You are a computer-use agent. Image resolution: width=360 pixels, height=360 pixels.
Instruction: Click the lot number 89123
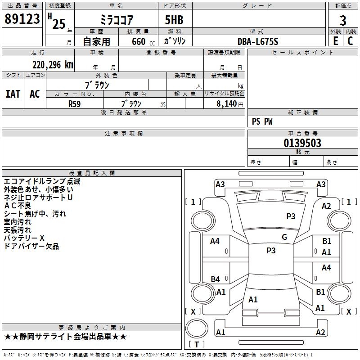coord(22,19)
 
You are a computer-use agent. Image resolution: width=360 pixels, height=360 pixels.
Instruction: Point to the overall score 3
coord(343,21)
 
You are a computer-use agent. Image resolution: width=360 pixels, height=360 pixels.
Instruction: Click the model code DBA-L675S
coord(258,41)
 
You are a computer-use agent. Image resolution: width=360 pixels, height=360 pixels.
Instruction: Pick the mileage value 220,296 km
coord(53,65)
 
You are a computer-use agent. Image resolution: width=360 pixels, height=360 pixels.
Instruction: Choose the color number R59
coord(75,103)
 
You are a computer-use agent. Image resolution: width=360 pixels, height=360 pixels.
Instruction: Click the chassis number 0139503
coord(302,144)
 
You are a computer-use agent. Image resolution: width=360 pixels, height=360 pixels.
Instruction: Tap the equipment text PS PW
coord(262,121)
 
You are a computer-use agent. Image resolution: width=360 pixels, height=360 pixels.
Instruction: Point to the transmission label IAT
coord(13,94)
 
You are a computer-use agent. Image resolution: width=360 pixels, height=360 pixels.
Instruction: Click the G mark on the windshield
coord(284,237)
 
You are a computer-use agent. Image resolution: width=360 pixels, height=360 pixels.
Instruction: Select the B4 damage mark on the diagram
coord(216,279)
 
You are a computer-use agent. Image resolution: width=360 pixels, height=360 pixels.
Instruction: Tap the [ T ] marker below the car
coord(196,344)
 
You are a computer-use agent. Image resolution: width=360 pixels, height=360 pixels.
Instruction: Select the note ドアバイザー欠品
coord(31,246)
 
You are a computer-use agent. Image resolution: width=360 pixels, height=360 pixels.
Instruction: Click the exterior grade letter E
coord(335,40)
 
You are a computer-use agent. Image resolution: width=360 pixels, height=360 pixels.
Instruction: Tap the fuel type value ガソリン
coord(175,41)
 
